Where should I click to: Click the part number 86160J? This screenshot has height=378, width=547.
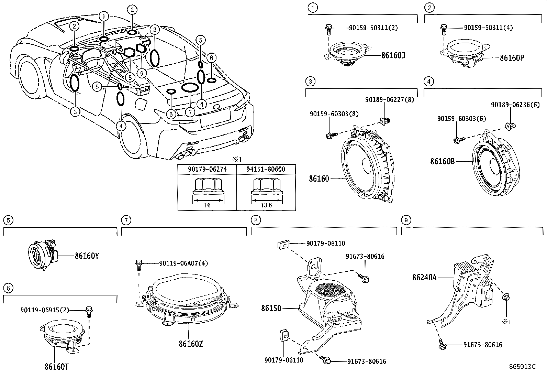[393, 55]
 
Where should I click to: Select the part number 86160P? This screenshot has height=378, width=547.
[512, 58]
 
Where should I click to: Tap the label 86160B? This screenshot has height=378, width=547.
[442, 161]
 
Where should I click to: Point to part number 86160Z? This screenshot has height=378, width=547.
[190, 344]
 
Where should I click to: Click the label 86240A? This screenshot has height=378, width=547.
[424, 277]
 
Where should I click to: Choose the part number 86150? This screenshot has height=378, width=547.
[271, 308]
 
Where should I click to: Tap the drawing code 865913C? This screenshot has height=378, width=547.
[522, 367]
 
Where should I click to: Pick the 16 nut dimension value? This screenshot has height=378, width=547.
[207, 205]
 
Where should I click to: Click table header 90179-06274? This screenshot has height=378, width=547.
[207, 169]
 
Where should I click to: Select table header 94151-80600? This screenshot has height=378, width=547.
[266, 169]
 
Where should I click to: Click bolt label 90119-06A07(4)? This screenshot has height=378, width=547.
[183, 263]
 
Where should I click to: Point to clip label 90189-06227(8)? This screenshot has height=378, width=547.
[390, 99]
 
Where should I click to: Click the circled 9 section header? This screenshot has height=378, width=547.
[406, 220]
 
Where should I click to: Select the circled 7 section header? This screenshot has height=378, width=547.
[126, 220]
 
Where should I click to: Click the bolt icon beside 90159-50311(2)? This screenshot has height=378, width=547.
[328, 29]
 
